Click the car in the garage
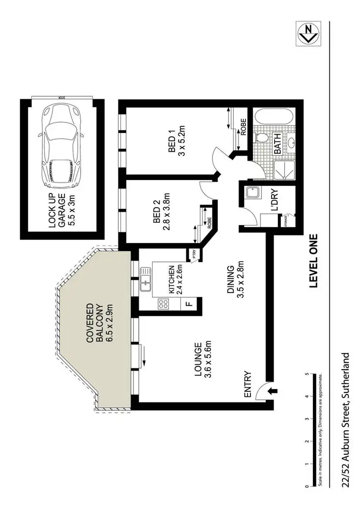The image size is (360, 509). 60,146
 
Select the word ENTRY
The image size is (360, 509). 248,384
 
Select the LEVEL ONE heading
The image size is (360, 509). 314,261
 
